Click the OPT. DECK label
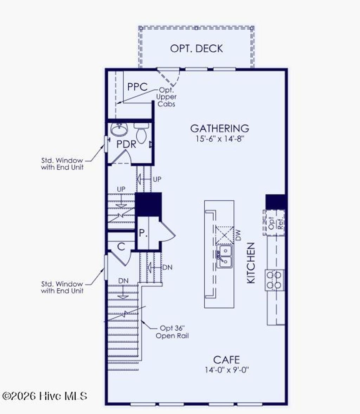tap(196, 48)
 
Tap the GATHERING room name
tap(220, 128)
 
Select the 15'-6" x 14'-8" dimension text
tap(220, 138)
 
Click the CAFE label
tap(227, 360)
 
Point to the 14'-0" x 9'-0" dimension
tap(227, 370)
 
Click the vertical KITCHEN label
tap(251, 263)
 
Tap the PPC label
tap(137, 87)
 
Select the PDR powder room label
tap(126, 144)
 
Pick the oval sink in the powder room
tap(118, 130)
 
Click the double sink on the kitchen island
tap(224, 256)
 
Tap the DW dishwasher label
tap(238, 235)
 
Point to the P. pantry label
tap(143, 233)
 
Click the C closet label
tap(121, 247)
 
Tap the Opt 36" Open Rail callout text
tap(172, 332)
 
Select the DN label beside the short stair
tap(168, 267)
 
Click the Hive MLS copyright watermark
tap(45, 396)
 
